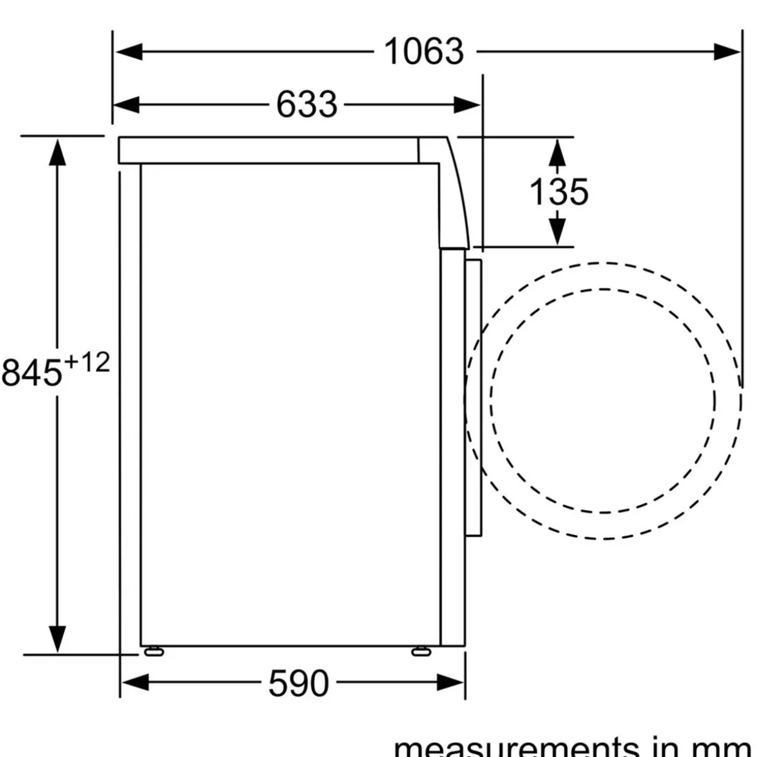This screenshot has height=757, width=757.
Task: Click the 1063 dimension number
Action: pos(424,51)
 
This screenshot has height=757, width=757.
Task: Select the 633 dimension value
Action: pos(306,104)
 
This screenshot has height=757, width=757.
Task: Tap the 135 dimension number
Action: pos(559,192)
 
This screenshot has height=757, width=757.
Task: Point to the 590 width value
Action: pos(299,683)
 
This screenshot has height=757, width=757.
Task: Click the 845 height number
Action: pos(32,372)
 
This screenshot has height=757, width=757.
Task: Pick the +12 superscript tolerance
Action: pos(86,363)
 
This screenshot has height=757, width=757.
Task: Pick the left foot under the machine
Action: pos(154,651)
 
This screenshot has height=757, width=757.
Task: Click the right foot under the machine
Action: pos(421,651)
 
